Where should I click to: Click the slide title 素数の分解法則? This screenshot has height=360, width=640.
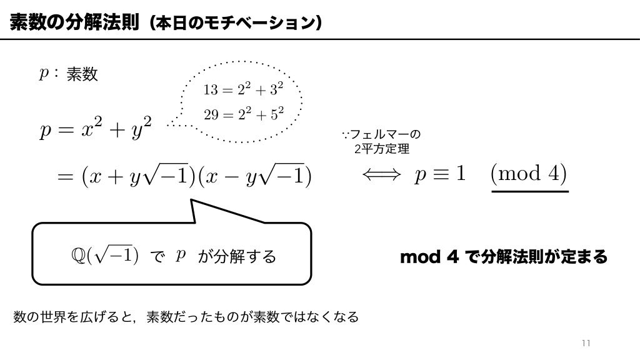74,23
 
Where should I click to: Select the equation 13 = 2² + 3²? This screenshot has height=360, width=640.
243,89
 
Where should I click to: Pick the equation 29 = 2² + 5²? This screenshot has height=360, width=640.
243,114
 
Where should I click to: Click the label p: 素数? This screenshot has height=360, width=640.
68,74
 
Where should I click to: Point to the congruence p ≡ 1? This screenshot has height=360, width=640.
441,174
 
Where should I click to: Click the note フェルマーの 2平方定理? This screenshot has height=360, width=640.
382,142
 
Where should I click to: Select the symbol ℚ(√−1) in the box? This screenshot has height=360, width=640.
105,255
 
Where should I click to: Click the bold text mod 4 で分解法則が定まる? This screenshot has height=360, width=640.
503,257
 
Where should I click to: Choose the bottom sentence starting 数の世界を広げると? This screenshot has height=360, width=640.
186,317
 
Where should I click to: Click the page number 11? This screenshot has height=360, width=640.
586,343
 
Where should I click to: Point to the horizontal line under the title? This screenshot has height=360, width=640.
320,39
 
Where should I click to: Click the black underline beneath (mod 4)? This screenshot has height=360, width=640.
530,191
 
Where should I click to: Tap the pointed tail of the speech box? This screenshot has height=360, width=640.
197,209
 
